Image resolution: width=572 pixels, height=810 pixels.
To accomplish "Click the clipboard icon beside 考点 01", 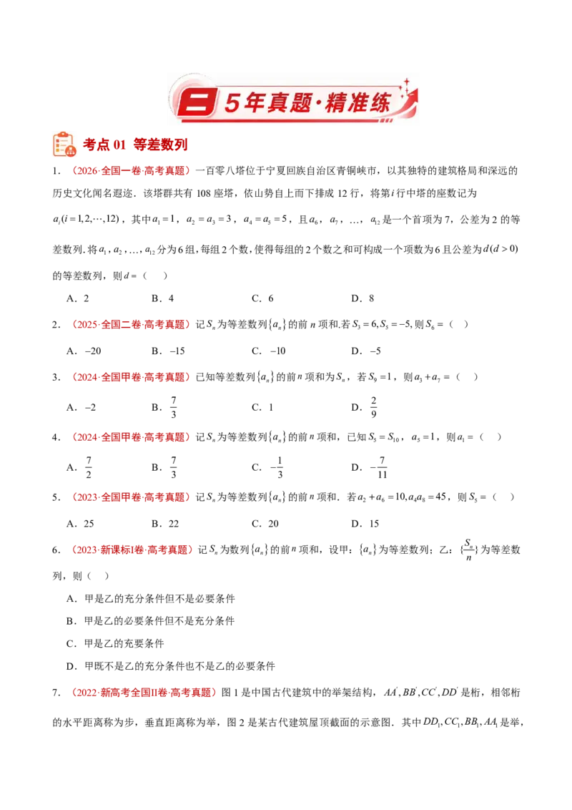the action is click(64, 144).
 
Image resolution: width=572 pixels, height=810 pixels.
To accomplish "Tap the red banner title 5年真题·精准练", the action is click(307, 102).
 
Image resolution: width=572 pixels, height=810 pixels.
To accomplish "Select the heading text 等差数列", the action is click(160, 145).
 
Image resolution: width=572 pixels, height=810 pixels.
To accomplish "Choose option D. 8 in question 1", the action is click(363, 298).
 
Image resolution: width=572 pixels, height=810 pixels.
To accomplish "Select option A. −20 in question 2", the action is click(84, 351).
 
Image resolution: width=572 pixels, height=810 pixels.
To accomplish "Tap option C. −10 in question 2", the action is click(268, 351).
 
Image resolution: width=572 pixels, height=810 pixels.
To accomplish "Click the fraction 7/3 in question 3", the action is click(174, 407).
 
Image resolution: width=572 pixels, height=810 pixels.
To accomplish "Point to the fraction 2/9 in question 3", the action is click(373, 407).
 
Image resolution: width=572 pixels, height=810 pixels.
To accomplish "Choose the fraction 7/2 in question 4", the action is click(89, 467).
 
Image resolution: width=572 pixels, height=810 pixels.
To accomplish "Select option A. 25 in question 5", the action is click(80, 524).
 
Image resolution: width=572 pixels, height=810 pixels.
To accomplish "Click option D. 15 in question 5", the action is click(365, 524).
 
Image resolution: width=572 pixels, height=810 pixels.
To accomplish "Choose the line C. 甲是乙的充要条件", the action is click(115, 644).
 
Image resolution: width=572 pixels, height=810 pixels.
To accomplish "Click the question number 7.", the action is click(55, 693).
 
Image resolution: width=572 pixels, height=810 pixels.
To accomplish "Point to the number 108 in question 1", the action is click(204, 194).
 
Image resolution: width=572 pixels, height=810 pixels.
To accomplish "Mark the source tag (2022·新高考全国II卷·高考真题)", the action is click(143, 693).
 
